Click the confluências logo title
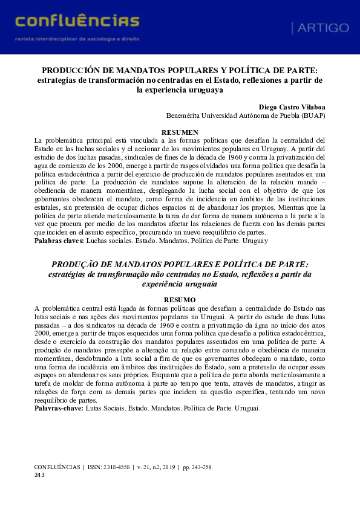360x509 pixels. click(77, 21)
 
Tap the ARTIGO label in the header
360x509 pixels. click(320, 28)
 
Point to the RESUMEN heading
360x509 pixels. click(180, 132)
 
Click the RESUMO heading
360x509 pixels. click(180, 300)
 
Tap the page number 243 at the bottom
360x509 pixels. click(40, 475)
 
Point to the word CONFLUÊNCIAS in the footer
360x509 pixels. click(57, 467)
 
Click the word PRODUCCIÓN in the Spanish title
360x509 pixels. click(70, 70)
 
